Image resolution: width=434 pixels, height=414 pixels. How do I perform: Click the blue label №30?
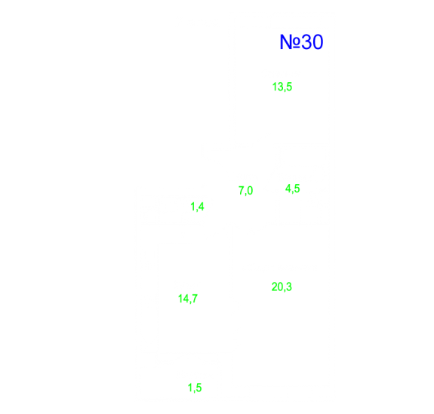301,42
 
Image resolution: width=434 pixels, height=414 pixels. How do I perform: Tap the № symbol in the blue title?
290,42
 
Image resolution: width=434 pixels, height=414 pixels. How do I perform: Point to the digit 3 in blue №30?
306,42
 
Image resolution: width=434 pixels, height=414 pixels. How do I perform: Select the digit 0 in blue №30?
318,42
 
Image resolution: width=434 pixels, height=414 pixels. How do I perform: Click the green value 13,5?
282,87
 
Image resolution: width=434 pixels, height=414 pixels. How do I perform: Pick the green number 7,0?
245,191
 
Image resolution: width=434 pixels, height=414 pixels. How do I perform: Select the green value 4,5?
293,189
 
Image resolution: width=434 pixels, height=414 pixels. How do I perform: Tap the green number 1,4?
197,207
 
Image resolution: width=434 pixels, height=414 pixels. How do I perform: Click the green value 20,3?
282,287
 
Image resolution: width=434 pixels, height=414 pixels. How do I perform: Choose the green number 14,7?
188,299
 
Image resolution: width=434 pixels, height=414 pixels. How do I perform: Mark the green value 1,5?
195,388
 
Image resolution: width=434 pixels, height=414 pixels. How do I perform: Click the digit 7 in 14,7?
194,299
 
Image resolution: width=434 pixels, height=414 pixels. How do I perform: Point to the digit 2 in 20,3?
275,287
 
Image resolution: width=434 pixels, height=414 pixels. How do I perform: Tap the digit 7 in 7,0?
242,190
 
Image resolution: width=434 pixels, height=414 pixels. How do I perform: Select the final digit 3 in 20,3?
288,287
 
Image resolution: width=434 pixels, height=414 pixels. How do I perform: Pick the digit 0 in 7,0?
250,190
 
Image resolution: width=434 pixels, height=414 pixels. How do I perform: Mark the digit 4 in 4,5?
288,189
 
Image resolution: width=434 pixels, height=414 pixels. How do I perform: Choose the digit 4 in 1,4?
201,207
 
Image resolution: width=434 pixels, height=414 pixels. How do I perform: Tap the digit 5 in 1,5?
199,388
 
